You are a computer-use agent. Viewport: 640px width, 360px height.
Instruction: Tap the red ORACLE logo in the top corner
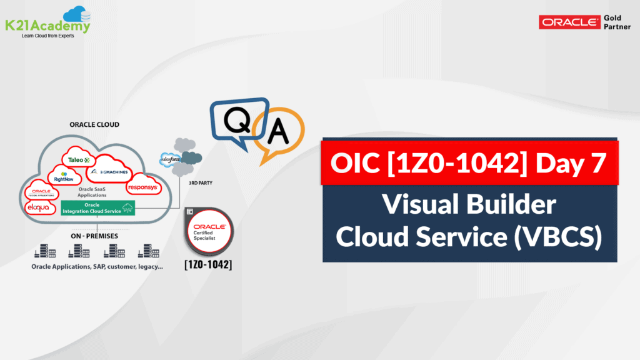pyautogui.click(x=569, y=22)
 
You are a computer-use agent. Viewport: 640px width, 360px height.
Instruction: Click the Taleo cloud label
pyautogui.click(x=79, y=159)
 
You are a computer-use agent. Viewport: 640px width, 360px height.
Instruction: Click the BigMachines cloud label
pyautogui.click(x=112, y=171)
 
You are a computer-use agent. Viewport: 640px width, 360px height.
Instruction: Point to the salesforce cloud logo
pyautogui.click(x=170, y=159)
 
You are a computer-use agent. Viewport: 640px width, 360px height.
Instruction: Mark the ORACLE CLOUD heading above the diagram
pyautogui.click(x=94, y=125)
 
